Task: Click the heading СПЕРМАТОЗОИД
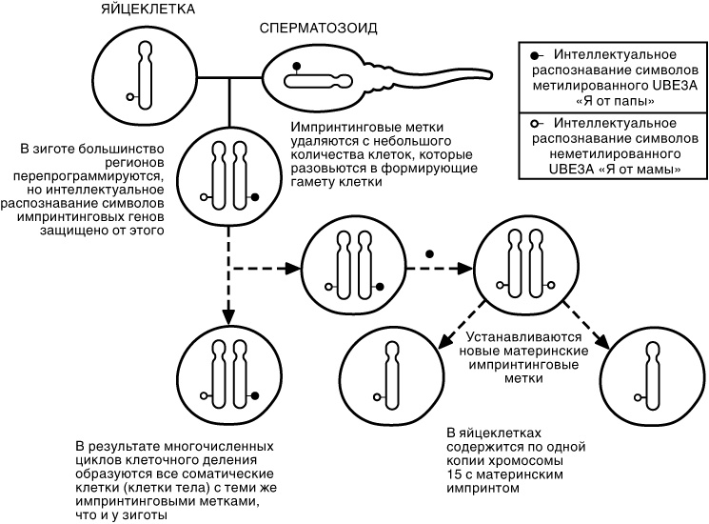click(x=319, y=29)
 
